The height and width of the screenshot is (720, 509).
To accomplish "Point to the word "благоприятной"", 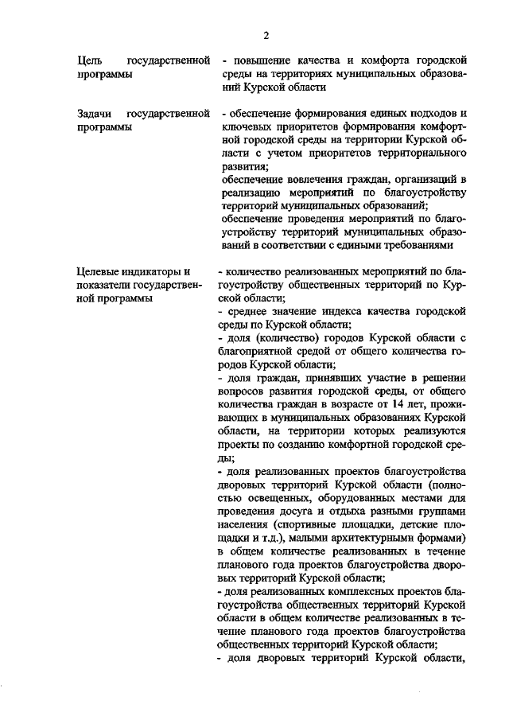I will coord(256,349).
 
